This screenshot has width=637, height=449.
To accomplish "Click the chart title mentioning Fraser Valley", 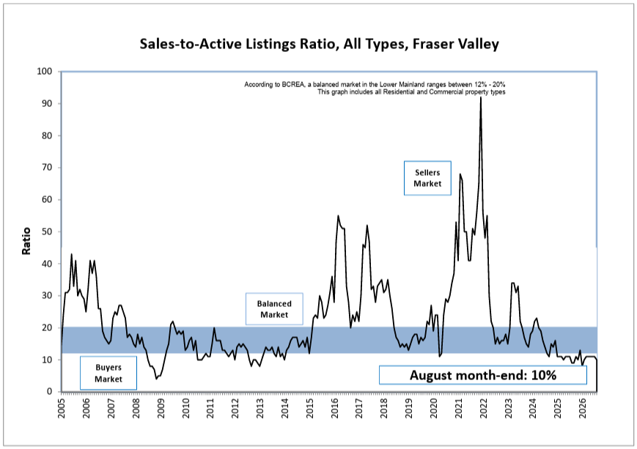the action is (x=319, y=44).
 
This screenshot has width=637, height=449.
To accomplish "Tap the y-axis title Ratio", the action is (x=26, y=241).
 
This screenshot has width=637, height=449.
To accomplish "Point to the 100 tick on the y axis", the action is (x=44, y=72).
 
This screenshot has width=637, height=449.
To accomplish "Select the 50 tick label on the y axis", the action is (x=47, y=231).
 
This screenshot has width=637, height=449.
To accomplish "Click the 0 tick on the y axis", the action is (x=50, y=391).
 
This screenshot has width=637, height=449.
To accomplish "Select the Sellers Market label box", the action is (x=427, y=178).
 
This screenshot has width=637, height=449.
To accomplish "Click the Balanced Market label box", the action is (x=274, y=309).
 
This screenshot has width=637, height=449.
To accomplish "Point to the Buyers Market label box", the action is (x=108, y=373).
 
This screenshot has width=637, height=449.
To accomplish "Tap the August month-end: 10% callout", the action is (x=482, y=375).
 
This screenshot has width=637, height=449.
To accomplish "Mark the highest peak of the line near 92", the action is (x=481, y=97).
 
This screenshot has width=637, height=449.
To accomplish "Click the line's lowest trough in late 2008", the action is (x=156, y=379).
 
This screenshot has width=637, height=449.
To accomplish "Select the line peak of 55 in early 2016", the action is (x=338, y=215).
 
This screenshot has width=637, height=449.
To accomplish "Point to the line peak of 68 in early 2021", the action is (x=460, y=174).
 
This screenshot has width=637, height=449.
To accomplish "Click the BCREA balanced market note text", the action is (x=375, y=84).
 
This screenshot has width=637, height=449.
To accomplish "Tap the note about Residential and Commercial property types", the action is (x=411, y=92).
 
